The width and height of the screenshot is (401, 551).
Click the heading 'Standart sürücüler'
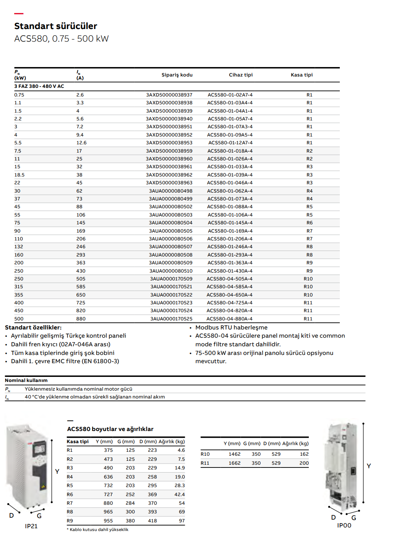(x=56, y=26)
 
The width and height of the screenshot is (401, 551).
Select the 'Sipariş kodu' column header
(x=177, y=75)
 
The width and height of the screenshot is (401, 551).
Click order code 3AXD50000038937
(x=169, y=95)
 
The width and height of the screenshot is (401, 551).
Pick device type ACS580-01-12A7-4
(x=230, y=143)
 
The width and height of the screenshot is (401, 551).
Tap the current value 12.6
(x=82, y=143)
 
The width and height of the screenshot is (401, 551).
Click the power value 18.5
(x=20, y=175)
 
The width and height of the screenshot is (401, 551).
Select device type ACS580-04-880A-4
(x=230, y=319)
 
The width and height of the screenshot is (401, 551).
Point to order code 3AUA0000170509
(x=171, y=279)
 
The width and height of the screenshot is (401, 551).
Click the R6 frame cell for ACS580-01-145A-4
(x=310, y=223)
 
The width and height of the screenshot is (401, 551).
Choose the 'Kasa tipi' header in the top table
(x=302, y=75)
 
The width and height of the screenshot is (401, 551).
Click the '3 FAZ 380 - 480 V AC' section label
(x=39, y=86)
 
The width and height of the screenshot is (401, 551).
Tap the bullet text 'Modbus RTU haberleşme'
(x=231, y=327)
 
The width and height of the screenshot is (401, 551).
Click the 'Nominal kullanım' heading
(x=26, y=380)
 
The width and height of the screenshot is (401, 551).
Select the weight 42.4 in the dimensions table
(x=180, y=495)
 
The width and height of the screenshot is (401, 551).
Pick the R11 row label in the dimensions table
(x=205, y=463)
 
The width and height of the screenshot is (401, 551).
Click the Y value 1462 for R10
(x=235, y=454)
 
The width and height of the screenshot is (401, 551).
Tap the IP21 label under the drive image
(x=31, y=526)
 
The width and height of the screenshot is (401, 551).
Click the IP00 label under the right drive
(x=344, y=526)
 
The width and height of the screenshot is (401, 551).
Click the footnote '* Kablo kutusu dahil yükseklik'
(x=98, y=530)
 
